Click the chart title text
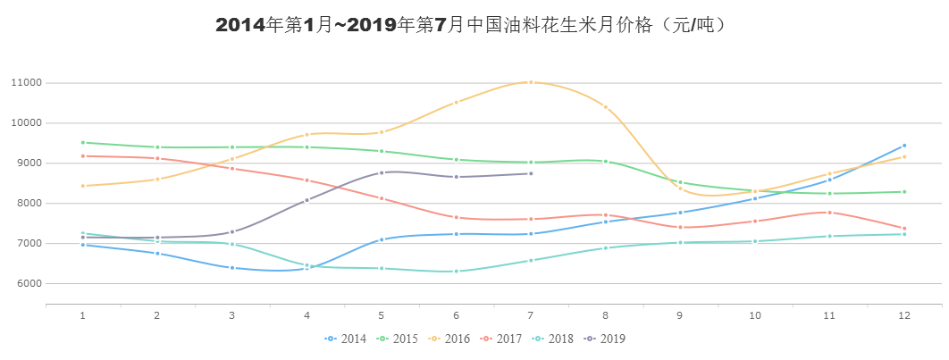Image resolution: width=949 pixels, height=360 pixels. click(x=474, y=25)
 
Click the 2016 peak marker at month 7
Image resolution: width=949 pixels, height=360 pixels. click(x=531, y=82)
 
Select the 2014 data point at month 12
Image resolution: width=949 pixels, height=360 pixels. click(x=904, y=146)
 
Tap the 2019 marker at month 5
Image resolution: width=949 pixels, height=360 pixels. click(x=382, y=172)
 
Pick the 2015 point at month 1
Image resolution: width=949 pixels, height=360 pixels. click(x=82, y=143)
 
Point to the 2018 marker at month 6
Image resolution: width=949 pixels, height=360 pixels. click(x=457, y=271)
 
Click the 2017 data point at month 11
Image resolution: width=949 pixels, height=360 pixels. click(x=829, y=213)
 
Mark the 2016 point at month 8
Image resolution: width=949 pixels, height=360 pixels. click(x=605, y=107)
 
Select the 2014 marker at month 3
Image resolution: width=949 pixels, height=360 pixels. click(x=232, y=267)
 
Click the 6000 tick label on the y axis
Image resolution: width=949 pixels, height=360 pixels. click(x=29, y=284)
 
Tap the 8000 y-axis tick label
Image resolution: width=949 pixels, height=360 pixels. click(x=29, y=204)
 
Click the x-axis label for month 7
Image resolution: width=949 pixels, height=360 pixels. click(x=531, y=315)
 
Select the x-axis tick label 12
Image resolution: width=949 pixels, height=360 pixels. click(x=904, y=315)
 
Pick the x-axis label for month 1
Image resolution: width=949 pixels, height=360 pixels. click(x=82, y=315)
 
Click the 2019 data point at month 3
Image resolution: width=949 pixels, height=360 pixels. click(x=232, y=232)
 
